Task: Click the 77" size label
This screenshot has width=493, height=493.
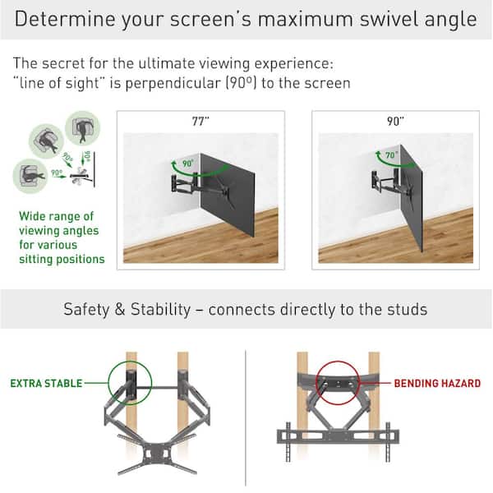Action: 200,121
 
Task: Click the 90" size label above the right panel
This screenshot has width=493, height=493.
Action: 395,121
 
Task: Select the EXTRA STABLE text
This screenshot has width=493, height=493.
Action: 46,383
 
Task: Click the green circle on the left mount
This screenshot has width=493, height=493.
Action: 130,383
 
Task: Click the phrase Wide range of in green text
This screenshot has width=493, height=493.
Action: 56,216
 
